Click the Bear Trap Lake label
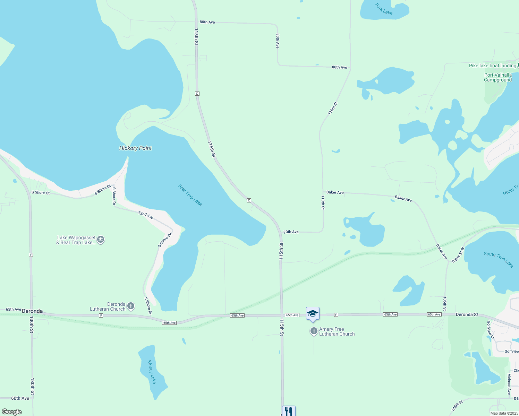coord(190,194)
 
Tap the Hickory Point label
coord(135,148)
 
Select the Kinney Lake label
coord(152,372)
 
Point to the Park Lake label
coord(384,9)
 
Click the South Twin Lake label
coord(499,259)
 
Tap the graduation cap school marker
coord(313,313)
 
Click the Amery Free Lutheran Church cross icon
coord(314,331)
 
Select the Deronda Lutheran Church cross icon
coord(131,306)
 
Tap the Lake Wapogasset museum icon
coord(101,240)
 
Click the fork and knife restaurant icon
coord(289,411)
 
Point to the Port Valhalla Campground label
coord(498,77)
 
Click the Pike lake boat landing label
coord(492,66)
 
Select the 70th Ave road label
coord(291,232)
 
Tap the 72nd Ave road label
coord(146,215)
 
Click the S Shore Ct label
coord(41,192)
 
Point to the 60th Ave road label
coord(20,398)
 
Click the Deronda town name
coord(32,311)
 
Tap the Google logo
coord(12,411)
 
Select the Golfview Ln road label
coord(490,330)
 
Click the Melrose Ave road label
coord(509,384)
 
